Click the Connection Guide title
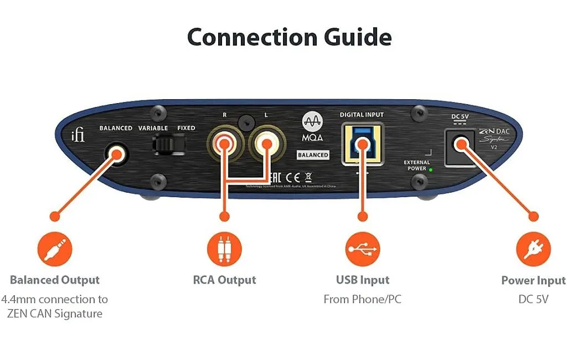click(289, 37)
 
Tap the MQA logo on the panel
click(313, 128)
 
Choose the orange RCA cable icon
click(224, 249)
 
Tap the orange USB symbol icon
click(363, 249)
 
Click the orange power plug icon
click(533, 249)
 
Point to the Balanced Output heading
click(55, 280)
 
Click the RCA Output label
click(224, 280)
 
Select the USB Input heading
click(363, 280)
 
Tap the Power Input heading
click(533, 280)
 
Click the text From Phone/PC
click(363, 299)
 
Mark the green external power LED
click(431, 169)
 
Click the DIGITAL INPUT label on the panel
click(362, 115)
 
